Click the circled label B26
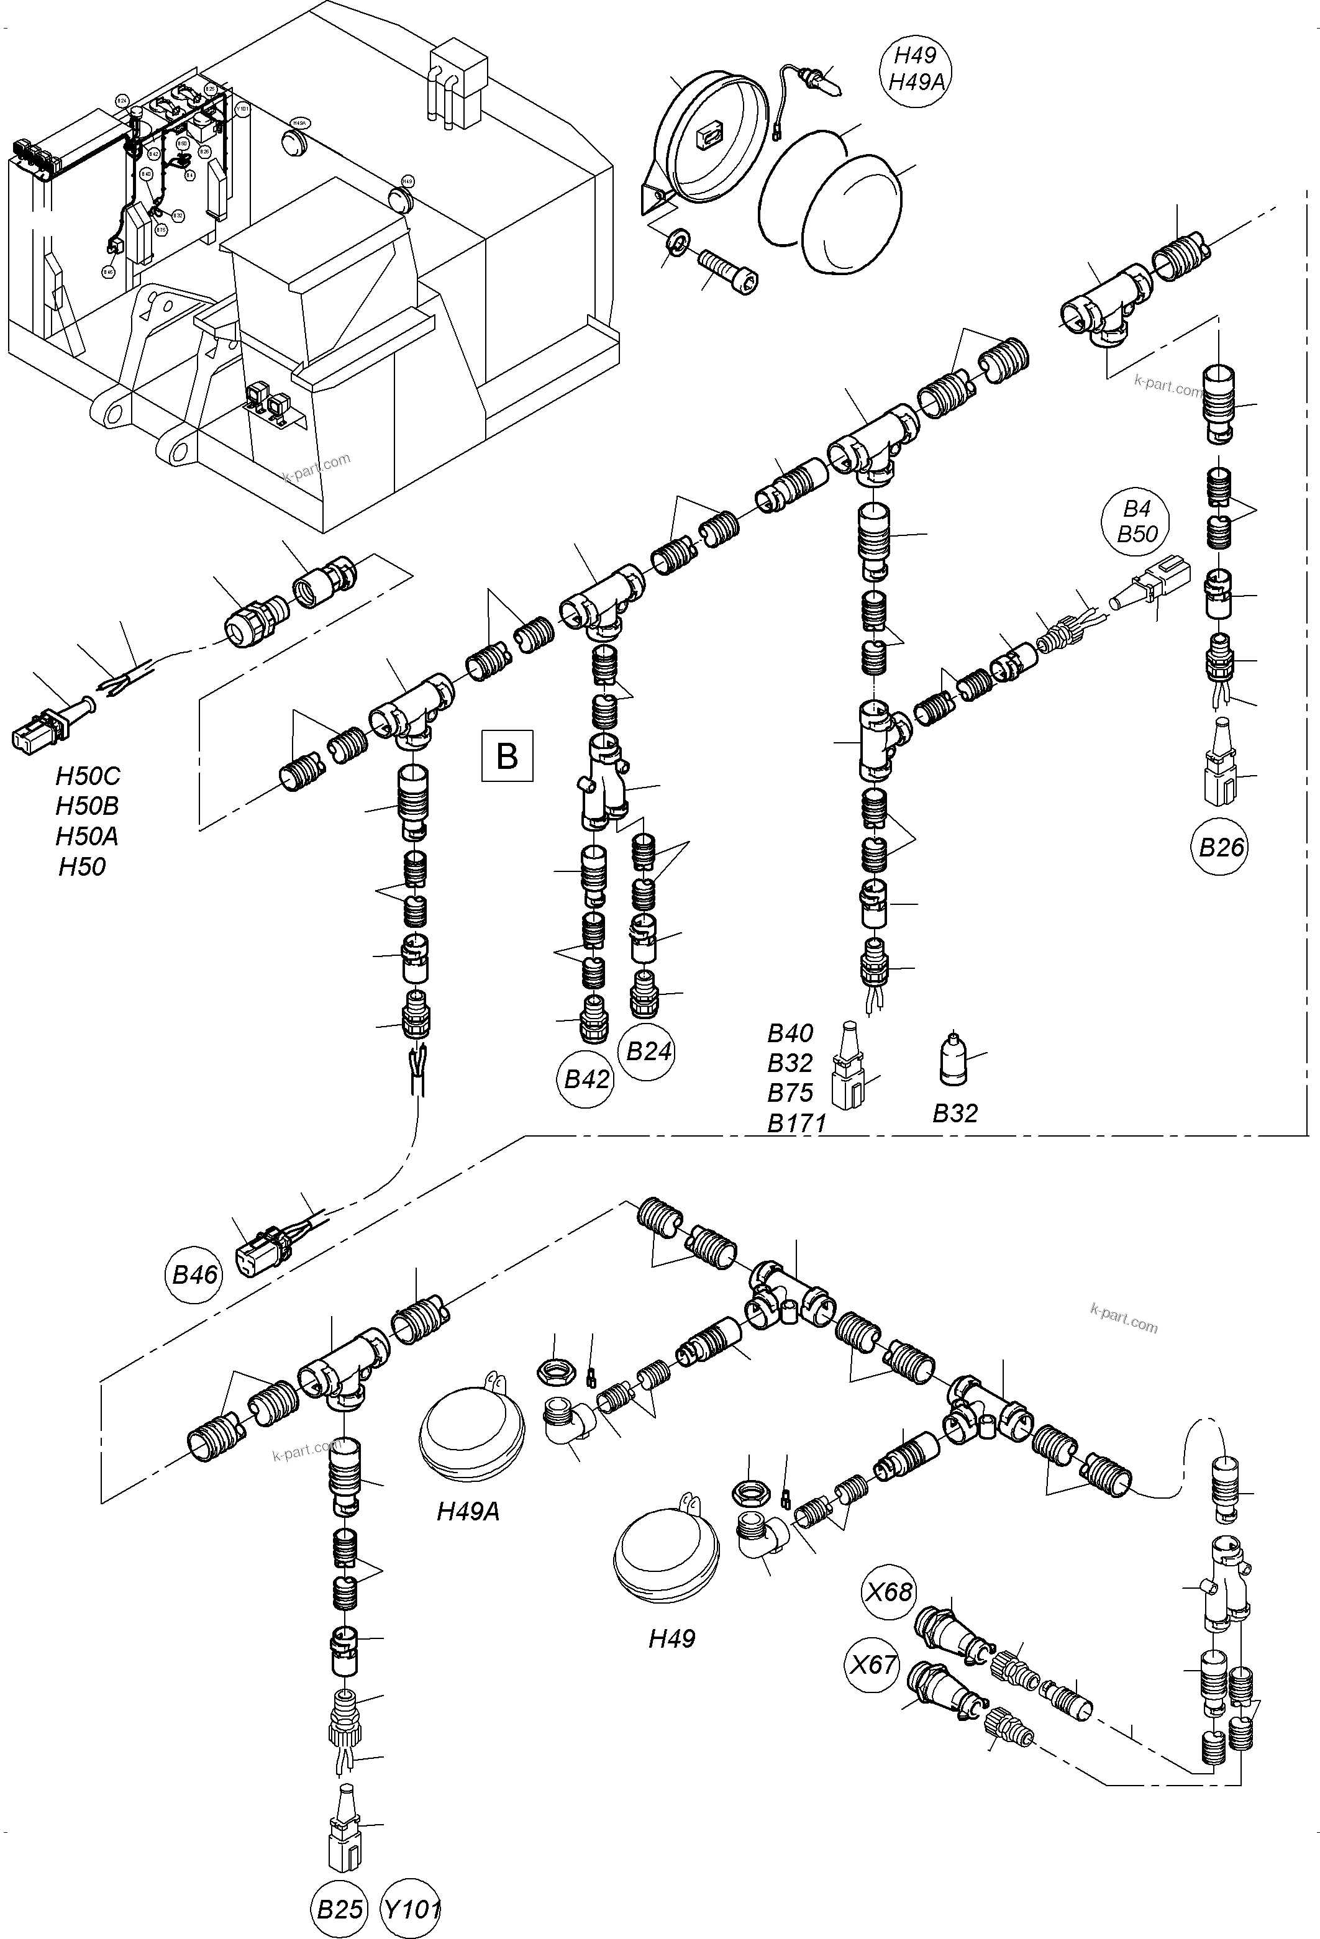1221,848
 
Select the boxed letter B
506,756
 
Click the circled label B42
586,1079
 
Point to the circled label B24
649,1051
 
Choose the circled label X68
890,1592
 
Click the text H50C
88,777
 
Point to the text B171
796,1123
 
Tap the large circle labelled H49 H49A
916,68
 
